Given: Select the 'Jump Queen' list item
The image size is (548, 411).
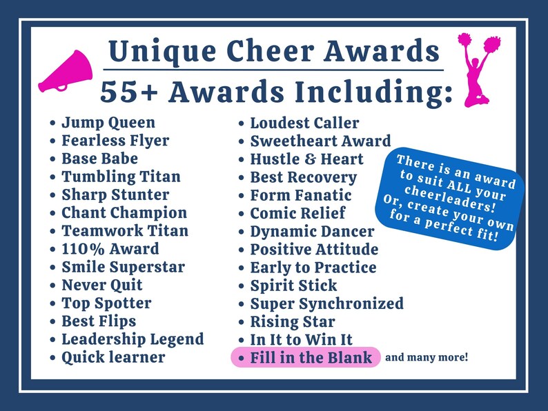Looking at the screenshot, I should (108, 123).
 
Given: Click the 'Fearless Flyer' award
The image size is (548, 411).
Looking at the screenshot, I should (115, 141).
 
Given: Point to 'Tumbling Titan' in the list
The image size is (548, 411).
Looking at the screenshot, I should (121, 177).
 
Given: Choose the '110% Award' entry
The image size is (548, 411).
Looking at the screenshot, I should (110, 249).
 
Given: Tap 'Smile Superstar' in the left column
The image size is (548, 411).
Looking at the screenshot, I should (123, 267).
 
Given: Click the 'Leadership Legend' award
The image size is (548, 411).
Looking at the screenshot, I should (133, 339).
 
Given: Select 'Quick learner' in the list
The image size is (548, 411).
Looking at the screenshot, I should (113, 357).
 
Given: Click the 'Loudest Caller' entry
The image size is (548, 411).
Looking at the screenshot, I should (304, 123).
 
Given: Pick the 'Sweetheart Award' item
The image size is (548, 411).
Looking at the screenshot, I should (320, 141).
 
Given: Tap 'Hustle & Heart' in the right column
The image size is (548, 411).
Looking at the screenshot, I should (306, 159).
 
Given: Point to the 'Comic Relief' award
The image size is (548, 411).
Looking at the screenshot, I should (297, 213).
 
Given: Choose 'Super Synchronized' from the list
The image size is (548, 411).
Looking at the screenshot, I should (326, 303).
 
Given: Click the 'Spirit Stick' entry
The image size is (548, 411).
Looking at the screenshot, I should (293, 285).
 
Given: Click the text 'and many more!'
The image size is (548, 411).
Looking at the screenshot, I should (427, 357).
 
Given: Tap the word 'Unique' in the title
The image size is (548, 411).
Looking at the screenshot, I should (155, 50).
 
